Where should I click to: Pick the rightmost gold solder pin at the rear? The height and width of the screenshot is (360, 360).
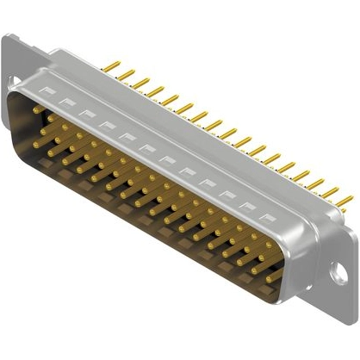(344, 202)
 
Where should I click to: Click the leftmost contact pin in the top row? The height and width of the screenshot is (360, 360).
(34, 109)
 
